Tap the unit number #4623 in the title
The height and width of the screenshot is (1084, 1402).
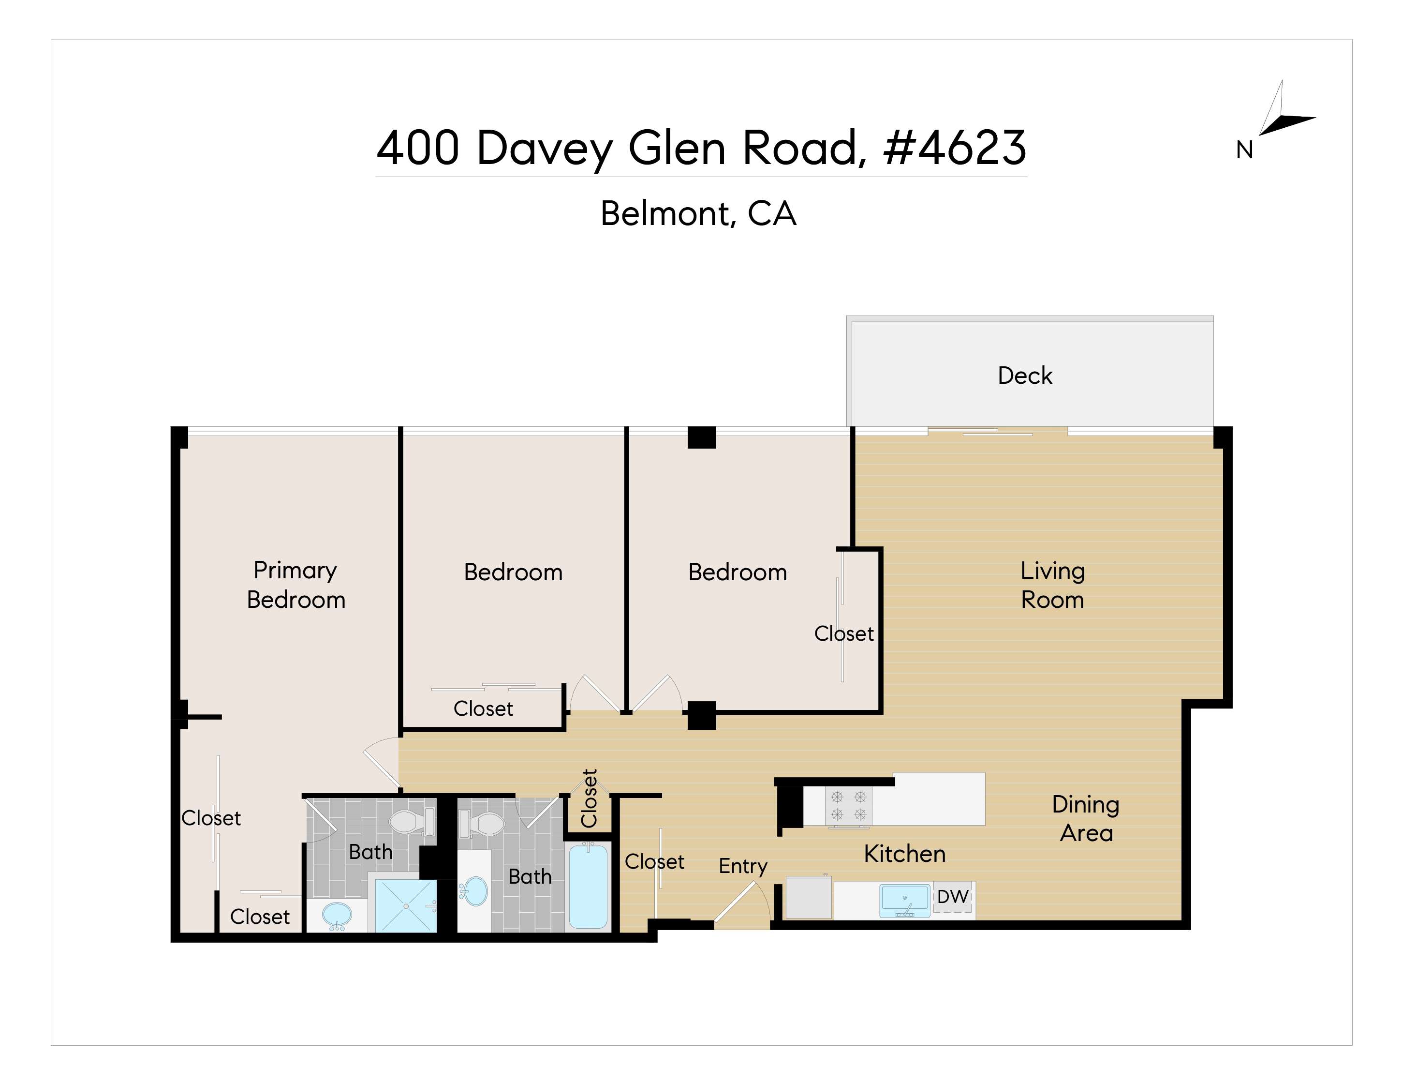955,148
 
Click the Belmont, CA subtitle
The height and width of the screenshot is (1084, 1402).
698,213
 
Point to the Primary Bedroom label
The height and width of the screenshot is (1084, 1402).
296,585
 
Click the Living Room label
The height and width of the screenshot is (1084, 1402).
1053,585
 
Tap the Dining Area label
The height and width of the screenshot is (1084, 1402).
1086,819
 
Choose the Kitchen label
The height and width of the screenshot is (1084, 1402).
904,854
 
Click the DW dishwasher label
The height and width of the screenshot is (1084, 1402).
953,897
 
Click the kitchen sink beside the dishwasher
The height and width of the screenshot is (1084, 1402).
904,900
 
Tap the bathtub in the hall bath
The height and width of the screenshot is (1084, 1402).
588,886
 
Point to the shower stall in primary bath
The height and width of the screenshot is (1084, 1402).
406,905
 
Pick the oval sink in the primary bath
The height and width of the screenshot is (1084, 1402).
337,914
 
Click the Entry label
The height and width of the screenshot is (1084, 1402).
743,866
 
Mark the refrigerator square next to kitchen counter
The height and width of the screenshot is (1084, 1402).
809,897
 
